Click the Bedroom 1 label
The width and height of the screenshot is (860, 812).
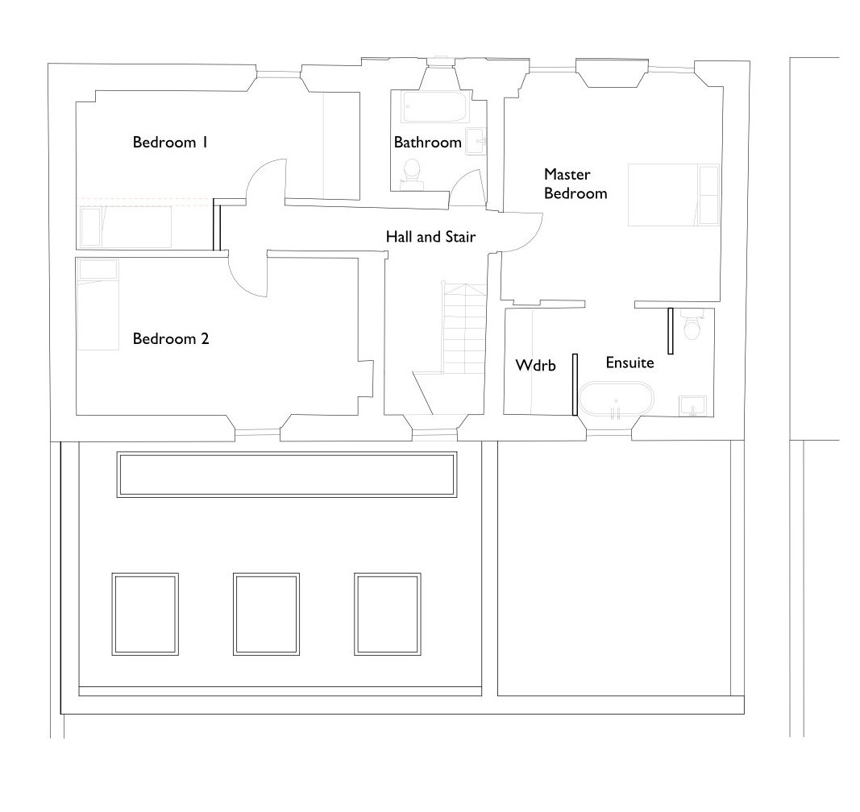(x=170, y=143)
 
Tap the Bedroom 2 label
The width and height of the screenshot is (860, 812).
(x=170, y=339)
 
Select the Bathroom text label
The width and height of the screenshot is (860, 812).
(x=427, y=143)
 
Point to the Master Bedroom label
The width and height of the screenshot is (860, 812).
(x=575, y=184)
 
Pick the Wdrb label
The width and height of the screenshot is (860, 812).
(x=536, y=366)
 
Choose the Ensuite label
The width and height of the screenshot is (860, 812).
(x=629, y=363)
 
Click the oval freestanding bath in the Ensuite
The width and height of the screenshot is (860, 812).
(x=617, y=400)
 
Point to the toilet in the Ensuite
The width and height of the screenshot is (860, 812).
(x=692, y=327)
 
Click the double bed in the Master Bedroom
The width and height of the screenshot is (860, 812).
(x=671, y=195)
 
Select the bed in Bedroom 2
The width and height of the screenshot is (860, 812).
(x=97, y=304)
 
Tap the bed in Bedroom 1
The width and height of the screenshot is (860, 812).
(x=125, y=226)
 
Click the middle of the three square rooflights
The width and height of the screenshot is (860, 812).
(x=265, y=614)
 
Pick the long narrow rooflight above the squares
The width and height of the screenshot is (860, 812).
(x=287, y=475)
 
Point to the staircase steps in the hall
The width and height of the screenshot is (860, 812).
(x=463, y=330)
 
